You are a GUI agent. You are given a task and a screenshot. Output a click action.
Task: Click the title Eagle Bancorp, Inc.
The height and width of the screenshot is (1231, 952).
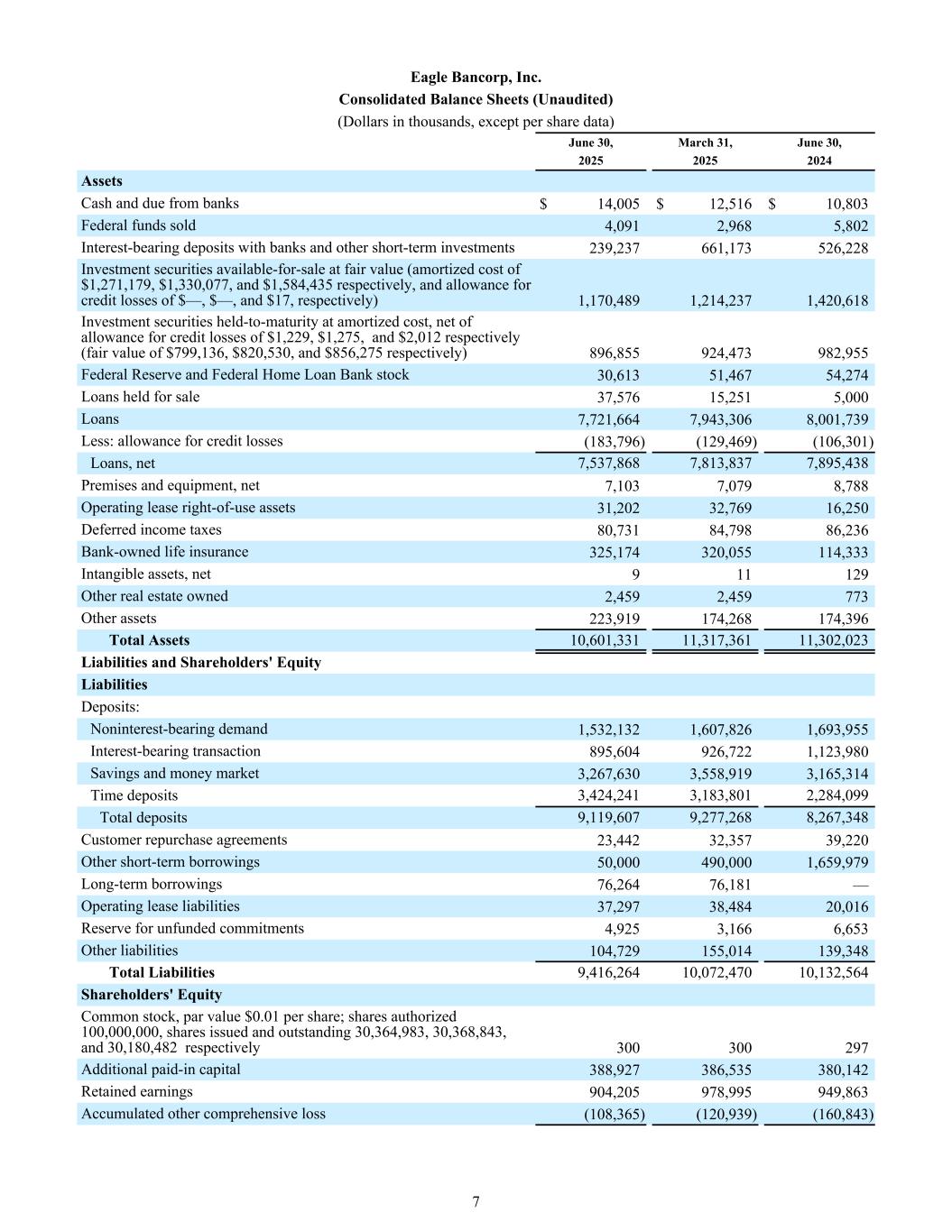tap(476, 78)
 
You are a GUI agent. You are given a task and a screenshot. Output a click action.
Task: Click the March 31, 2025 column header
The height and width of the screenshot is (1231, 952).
tap(705, 152)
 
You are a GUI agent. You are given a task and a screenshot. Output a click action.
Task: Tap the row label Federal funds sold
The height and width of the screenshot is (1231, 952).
tap(138, 225)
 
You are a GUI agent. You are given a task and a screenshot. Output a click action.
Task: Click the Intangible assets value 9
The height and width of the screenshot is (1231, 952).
tap(635, 574)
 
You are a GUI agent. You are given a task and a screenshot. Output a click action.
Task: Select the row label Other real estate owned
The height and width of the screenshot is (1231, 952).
tap(154, 596)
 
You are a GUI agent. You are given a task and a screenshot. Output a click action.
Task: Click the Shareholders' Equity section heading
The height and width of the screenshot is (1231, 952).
tap(152, 995)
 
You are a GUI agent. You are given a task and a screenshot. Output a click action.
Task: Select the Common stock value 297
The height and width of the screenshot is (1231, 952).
tap(856, 1048)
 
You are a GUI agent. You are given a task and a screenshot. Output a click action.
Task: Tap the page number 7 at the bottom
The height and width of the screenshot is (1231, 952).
tap(476, 1201)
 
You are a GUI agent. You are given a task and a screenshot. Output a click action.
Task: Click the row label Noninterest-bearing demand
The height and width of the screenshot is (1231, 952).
tap(179, 729)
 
